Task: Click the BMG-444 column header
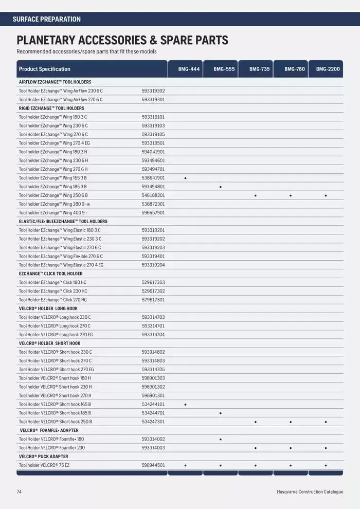coord(185,69)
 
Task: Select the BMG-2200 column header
coord(328,69)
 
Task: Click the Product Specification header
coord(45,69)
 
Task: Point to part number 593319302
coord(153,90)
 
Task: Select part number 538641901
coord(153,178)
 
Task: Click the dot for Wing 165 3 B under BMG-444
coord(185,178)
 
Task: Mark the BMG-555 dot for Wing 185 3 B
coord(220,187)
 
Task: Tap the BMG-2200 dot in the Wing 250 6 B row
coord(326,195)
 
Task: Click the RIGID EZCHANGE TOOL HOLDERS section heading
coord(51,108)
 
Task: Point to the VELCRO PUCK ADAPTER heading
coord(43,457)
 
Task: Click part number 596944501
coord(153,465)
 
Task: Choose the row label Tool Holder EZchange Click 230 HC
coord(53,291)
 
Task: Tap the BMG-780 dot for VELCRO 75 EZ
coord(291,465)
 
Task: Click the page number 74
coord(19,492)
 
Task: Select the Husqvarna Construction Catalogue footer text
coord(310,492)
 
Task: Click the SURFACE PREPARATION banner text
coord(46,19)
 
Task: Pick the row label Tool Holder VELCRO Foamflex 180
coord(51,439)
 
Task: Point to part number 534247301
coord(153,422)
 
